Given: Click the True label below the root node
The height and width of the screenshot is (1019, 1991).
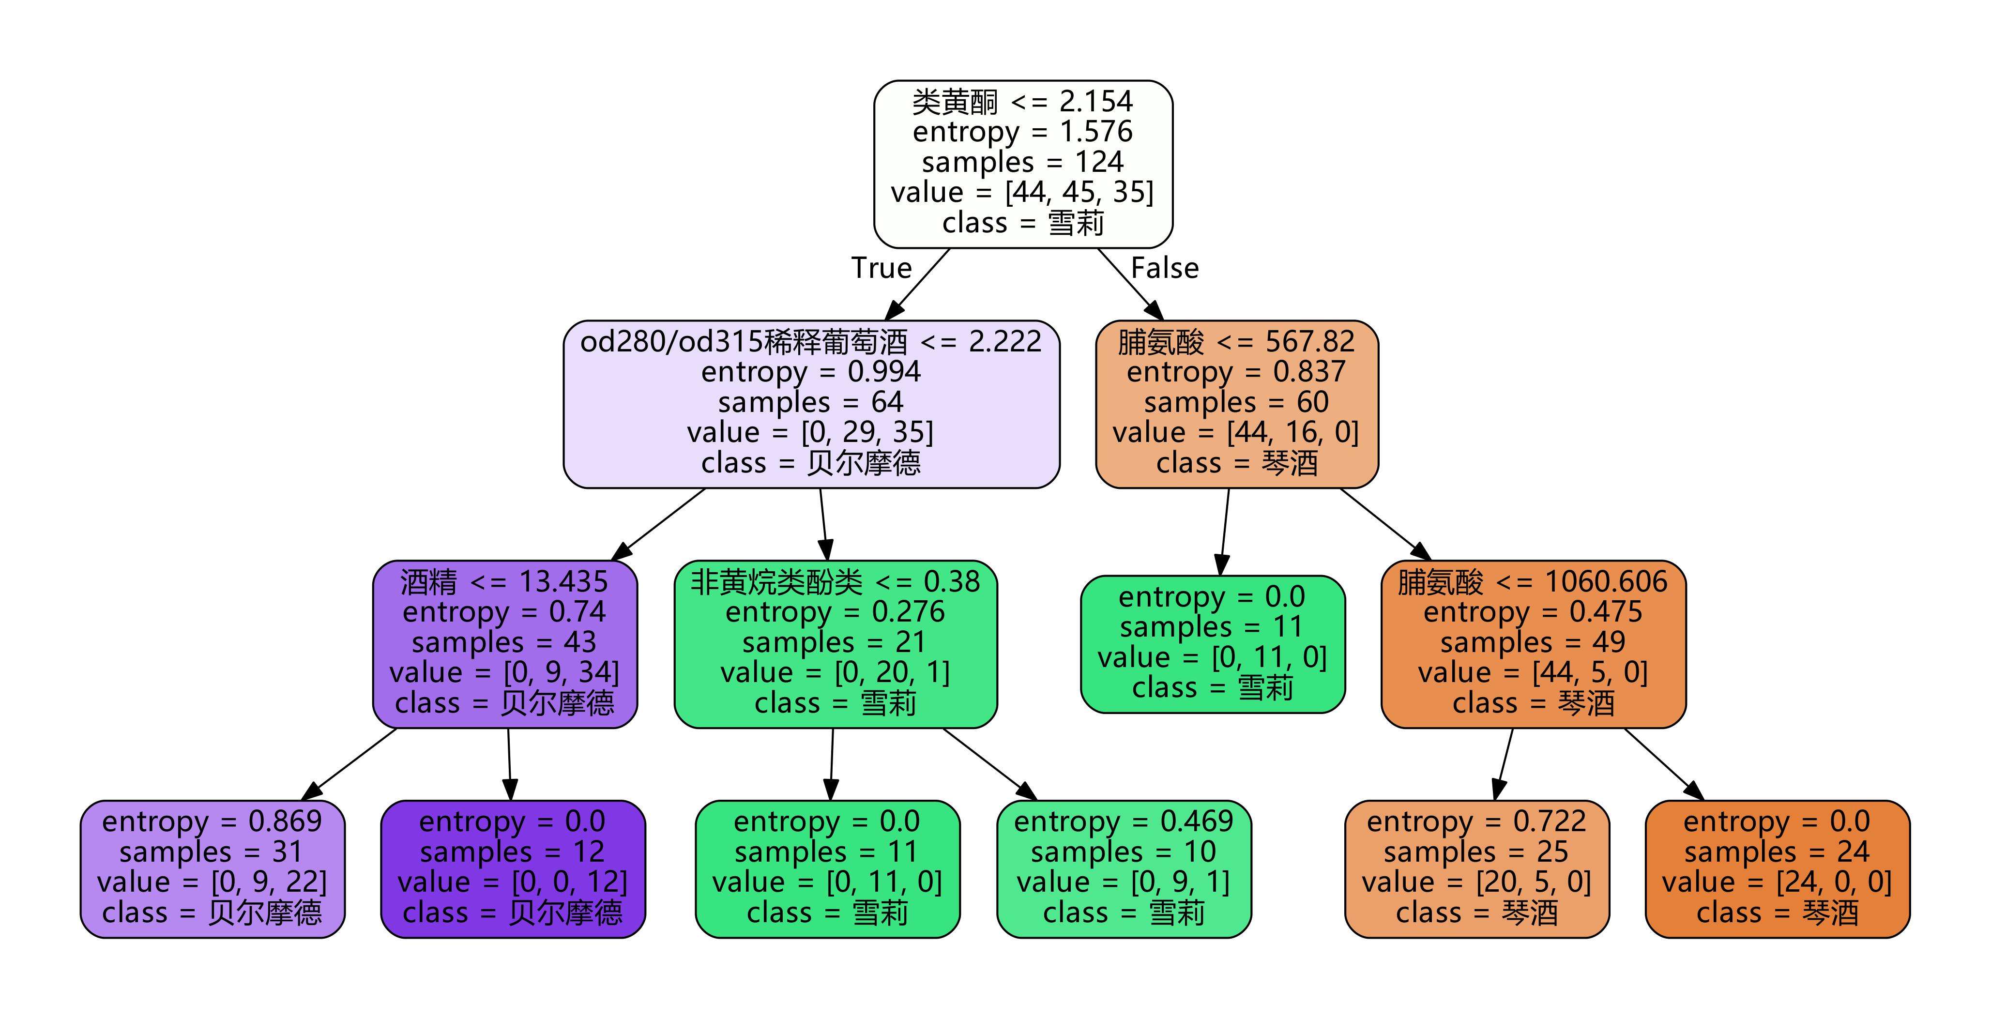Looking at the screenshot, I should pos(881,268).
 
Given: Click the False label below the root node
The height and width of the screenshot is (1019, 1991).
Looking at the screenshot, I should pos(1165,268).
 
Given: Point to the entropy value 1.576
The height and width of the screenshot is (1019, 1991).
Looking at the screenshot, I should pos(1096,132).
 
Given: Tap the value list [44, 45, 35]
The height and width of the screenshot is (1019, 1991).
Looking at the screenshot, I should pos(1079,192).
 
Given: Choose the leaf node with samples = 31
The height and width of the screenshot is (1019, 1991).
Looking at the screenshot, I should pos(213,868).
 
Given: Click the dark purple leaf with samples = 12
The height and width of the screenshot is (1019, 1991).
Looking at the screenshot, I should pos(513,868).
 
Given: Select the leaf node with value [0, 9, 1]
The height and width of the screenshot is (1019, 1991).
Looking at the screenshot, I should pos(1124,868).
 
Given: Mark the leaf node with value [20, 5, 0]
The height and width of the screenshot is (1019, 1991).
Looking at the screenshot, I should pos(1476,868).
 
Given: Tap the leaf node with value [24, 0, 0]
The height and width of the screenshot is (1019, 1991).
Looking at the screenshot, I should pos(1777,868).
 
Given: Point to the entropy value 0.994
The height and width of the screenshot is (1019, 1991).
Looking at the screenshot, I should pos(884,372).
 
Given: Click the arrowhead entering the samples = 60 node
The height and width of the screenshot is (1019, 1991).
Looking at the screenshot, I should pos(1154,311).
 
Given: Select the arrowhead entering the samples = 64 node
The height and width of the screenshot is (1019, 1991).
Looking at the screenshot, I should pos(894,311).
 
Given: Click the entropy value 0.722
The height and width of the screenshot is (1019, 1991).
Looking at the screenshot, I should pos(1549,821).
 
